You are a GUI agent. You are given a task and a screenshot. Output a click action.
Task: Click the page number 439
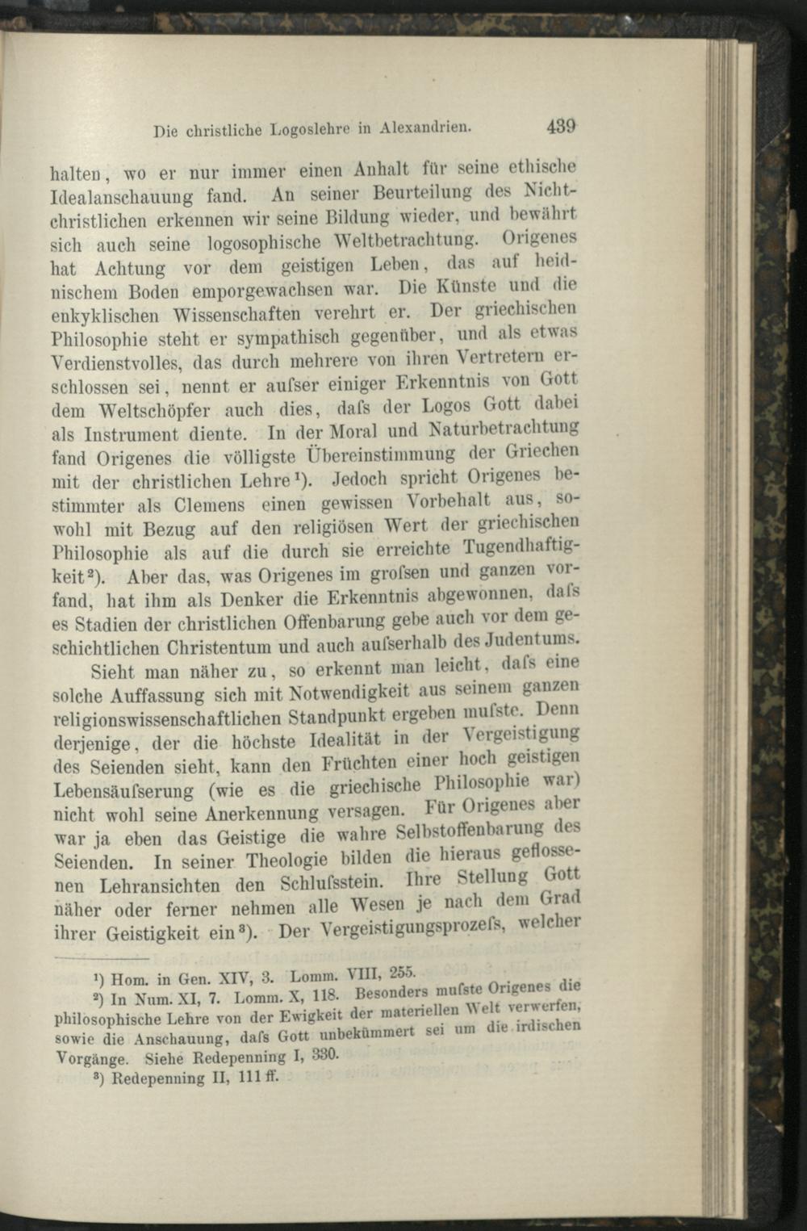pyautogui.click(x=560, y=127)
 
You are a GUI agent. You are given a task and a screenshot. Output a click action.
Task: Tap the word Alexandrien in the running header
pyautogui.click(x=425, y=128)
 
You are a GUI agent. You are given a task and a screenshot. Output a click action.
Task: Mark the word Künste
pyautogui.click(x=470, y=287)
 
